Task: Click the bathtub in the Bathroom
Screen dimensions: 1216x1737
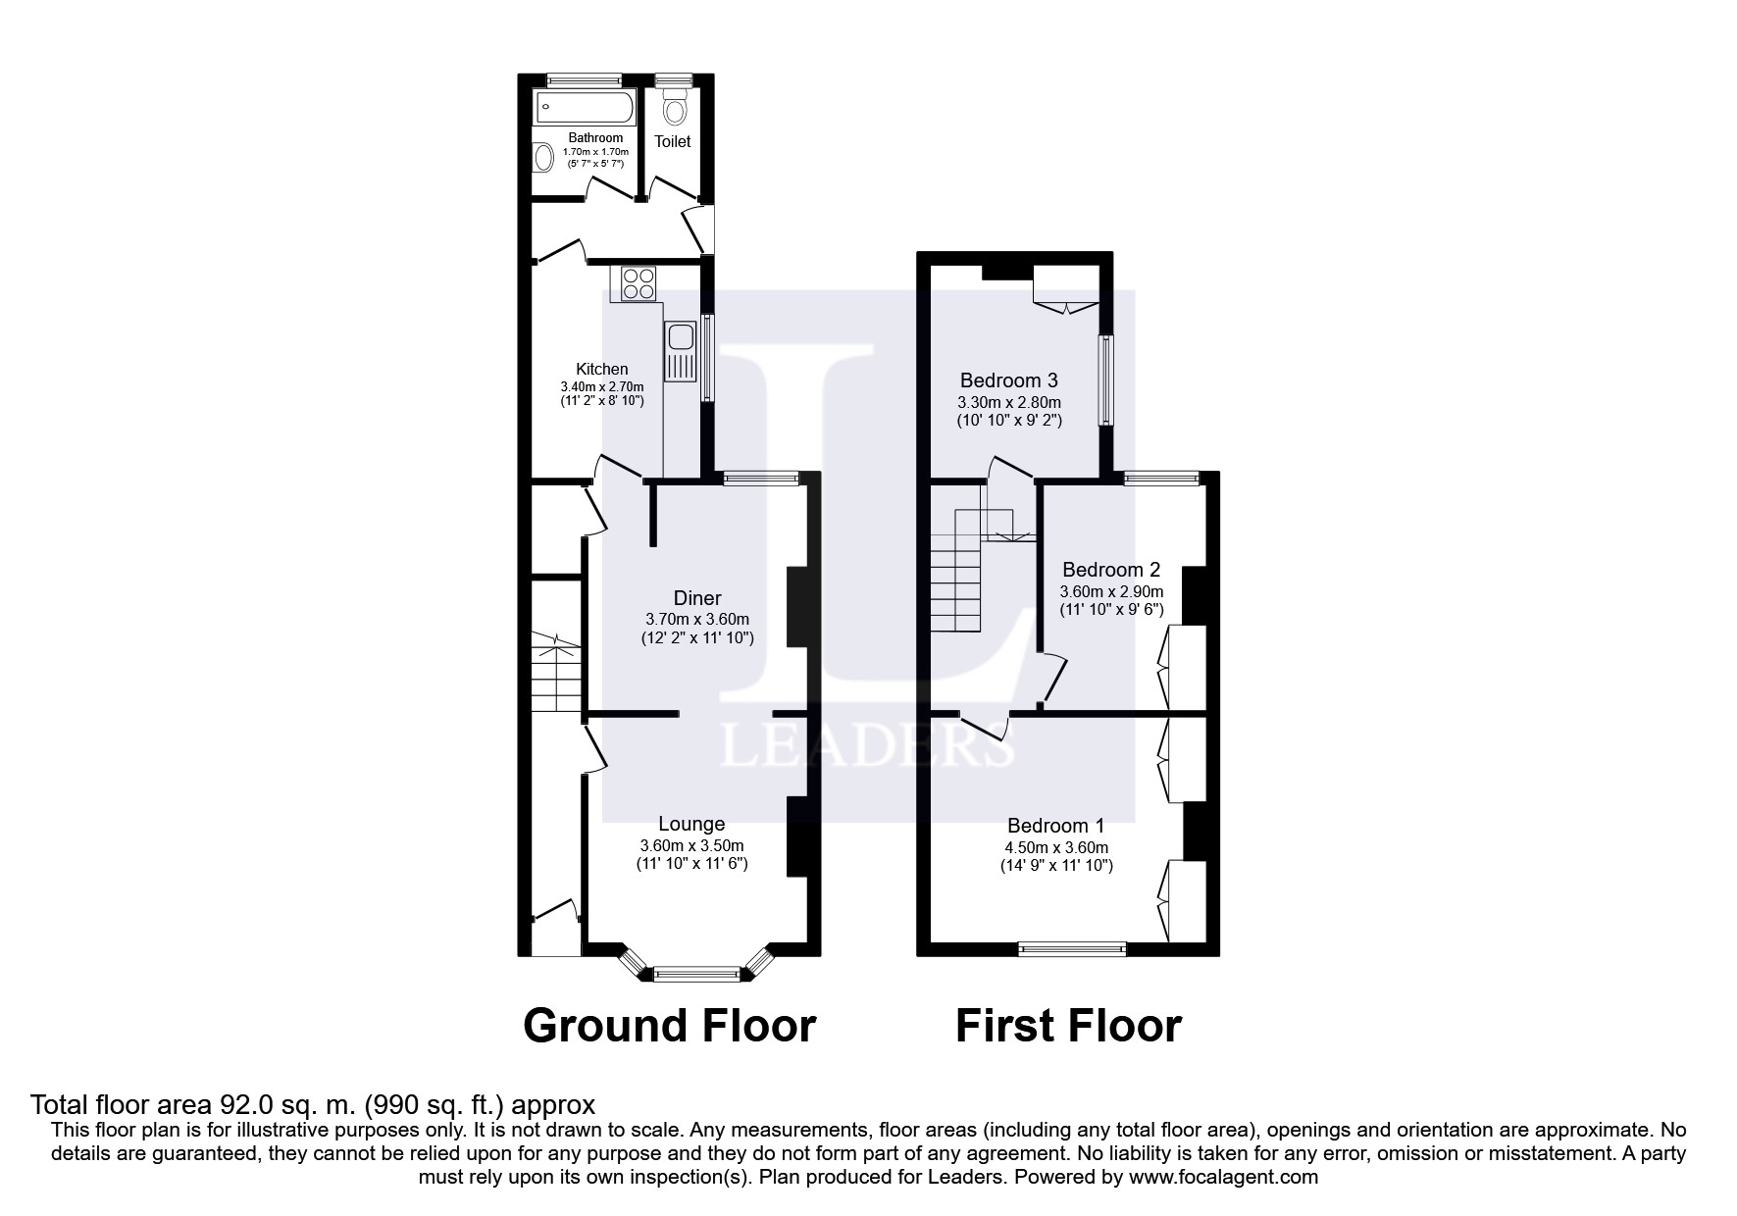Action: click(582, 108)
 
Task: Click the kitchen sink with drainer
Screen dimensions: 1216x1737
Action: click(679, 351)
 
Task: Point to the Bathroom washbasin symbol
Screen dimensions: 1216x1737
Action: click(542, 157)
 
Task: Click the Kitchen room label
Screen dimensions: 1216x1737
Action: click(601, 370)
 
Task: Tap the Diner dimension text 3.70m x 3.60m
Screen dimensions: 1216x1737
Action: click(696, 620)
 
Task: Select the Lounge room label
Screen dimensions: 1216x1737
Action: click(691, 825)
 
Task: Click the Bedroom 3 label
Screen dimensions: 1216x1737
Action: click(1008, 380)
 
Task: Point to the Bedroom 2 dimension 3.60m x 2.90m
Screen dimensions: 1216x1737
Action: click(1111, 592)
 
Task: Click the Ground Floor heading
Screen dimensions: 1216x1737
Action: click(669, 1026)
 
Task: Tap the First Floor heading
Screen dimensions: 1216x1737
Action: click(1068, 1026)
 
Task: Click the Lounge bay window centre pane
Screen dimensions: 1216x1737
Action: click(696, 974)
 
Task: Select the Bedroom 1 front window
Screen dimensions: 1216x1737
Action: click(1072, 948)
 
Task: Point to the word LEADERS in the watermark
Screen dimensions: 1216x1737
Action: click(867, 747)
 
